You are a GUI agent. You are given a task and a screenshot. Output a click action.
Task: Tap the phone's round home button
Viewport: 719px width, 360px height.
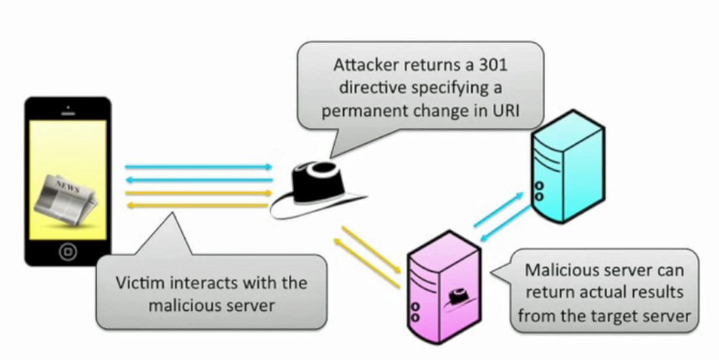(67, 250)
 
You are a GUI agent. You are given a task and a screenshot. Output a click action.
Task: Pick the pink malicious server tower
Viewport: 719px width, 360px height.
(444, 287)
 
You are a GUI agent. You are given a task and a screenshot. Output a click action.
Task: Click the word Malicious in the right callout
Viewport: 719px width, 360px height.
(556, 270)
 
